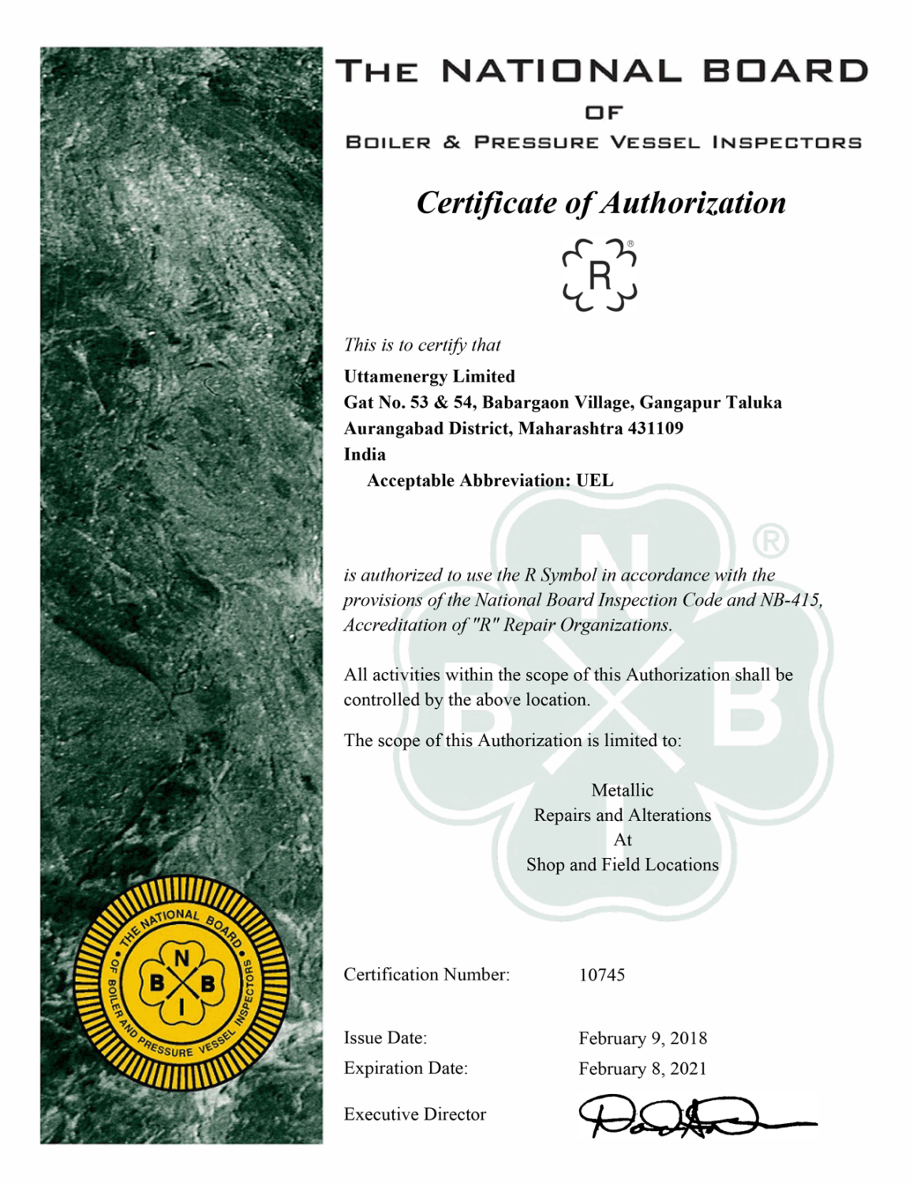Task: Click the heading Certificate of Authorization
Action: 601,203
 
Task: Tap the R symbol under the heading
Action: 600,275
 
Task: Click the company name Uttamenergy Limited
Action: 429,376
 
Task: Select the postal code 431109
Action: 655,428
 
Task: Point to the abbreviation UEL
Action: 594,480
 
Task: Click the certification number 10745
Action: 602,975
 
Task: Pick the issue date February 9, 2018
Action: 642,1039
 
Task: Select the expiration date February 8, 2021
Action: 642,1069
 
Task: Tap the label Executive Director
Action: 414,1114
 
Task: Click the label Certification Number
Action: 426,975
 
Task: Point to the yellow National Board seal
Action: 181,983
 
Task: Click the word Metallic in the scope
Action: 623,790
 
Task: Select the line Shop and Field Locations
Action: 623,864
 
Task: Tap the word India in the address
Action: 365,454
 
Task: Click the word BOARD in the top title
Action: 785,71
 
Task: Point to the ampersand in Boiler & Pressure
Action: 452,143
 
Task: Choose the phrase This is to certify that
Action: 422,345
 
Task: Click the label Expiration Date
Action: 406,1069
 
